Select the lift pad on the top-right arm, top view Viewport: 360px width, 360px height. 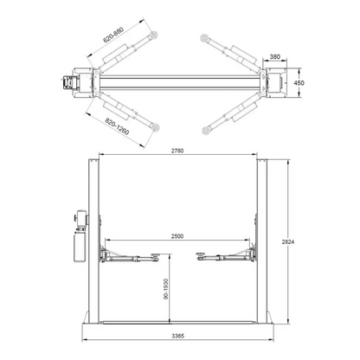coord(204,35)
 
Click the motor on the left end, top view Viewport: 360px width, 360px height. coord(65,84)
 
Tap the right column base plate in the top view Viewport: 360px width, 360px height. coord(280,83)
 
